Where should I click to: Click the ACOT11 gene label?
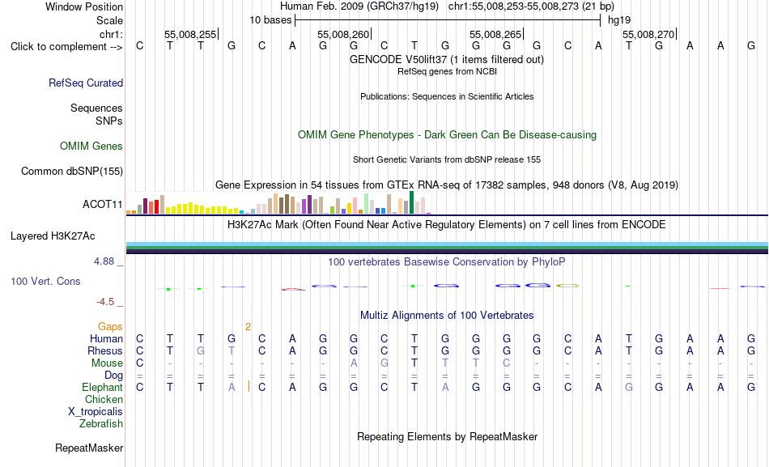(103, 204)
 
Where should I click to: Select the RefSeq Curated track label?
(86, 83)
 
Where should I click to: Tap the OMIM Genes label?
(91, 146)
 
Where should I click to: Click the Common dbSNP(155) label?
(72, 172)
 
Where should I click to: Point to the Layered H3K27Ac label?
(53, 236)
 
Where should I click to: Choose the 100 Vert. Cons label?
(45, 281)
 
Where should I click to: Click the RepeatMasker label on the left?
(89, 448)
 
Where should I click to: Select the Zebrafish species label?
(101, 423)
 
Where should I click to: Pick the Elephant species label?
(102, 387)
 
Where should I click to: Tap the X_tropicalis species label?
(96, 412)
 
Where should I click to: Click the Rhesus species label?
(105, 350)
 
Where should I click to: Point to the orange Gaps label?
(110, 327)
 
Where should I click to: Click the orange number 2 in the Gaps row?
(249, 327)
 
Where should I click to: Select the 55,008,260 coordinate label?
(343, 34)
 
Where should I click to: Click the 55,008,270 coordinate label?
(648, 34)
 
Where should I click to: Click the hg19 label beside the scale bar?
(619, 20)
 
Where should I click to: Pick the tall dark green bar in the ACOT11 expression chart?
(411, 202)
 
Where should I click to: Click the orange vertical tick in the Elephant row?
(249, 387)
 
